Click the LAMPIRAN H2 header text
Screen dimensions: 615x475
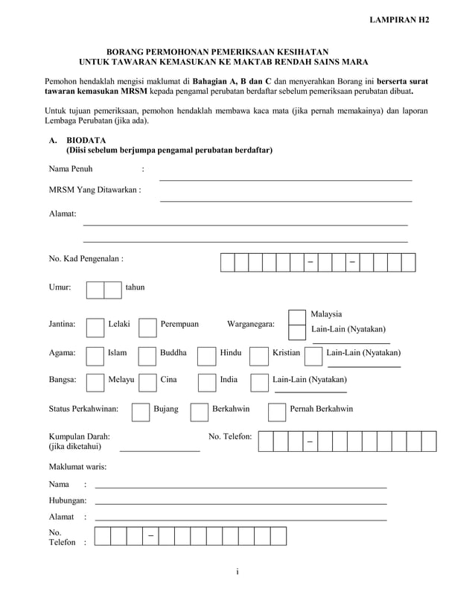pyautogui.click(x=399, y=19)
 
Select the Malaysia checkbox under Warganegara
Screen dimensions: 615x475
pyautogui.click(x=297, y=317)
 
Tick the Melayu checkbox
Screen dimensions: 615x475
pyautogui.click(x=95, y=383)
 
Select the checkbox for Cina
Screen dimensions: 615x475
pyautogui.click(x=147, y=383)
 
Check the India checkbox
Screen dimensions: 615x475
pyautogui.click(x=206, y=383)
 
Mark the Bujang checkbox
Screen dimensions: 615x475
pyautogui.click(x=140, y=412)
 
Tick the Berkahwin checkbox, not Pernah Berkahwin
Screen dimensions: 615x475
pyautogui.click(x=199, y=412)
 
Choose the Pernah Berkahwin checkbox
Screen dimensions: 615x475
pyautogui.click(x=276, y=412)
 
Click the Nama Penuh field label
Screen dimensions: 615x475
pyautogui.click(x=71, y=169)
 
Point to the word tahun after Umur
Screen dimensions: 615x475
pyautogui.click(x=135, y=287)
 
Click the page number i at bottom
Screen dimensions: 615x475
pyautogui.click(x=237, y=572)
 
